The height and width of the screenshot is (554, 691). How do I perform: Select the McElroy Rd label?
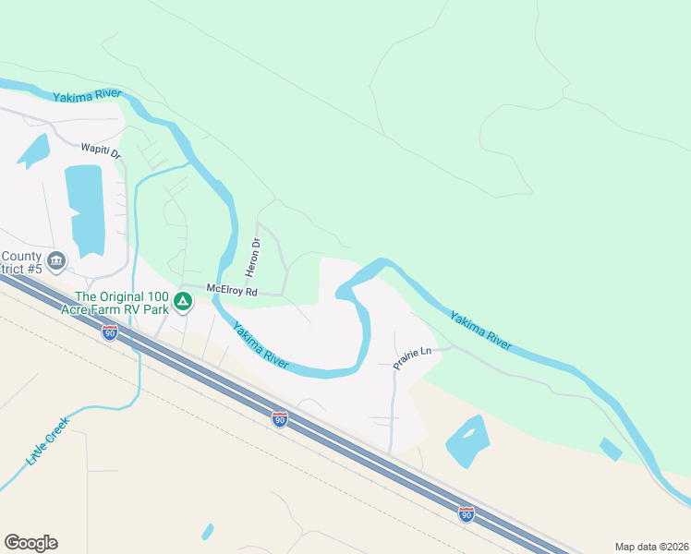pos(231,290)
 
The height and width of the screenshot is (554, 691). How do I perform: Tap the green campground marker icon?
pos(183,300)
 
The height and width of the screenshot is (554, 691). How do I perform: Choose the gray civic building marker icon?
pos(55,261)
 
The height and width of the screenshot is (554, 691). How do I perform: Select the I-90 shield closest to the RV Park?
pos(110,332)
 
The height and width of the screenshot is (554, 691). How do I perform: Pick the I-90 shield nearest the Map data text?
pos(467,512)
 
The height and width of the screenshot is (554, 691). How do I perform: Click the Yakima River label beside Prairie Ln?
pos(480,330)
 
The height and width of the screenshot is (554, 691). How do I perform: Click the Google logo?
pos(30,543)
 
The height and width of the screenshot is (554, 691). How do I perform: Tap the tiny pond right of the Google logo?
pos(208,531)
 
